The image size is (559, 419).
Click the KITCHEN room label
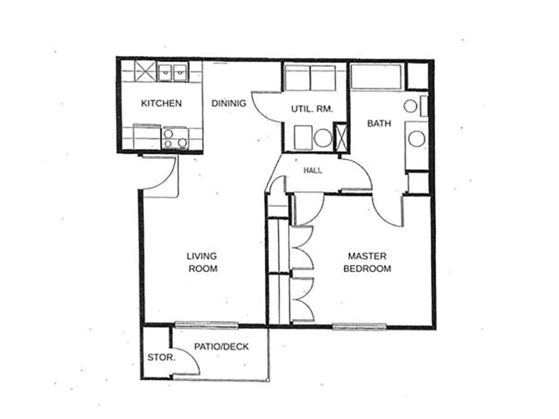coord(161,103)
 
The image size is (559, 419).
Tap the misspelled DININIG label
coord(228,103)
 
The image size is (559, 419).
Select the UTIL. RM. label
coord(312,109)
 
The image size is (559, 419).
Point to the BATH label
coord(379,124)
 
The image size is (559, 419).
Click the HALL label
coord(312,170)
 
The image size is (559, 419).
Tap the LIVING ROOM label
coord(203,263)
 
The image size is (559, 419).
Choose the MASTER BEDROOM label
coord(368,263)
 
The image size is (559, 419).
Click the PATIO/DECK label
coord(222,346)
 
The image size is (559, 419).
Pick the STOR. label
coord(161,358)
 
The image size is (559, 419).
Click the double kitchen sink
coord(173,73)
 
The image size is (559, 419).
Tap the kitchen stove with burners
coord(175,138)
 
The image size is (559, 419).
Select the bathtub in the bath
coord(376,77)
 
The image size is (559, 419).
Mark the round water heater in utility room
coord(324,138)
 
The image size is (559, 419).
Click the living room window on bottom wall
coord(206,325)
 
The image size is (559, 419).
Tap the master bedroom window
coord(359,326)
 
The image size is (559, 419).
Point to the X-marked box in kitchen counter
coord(145,72)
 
